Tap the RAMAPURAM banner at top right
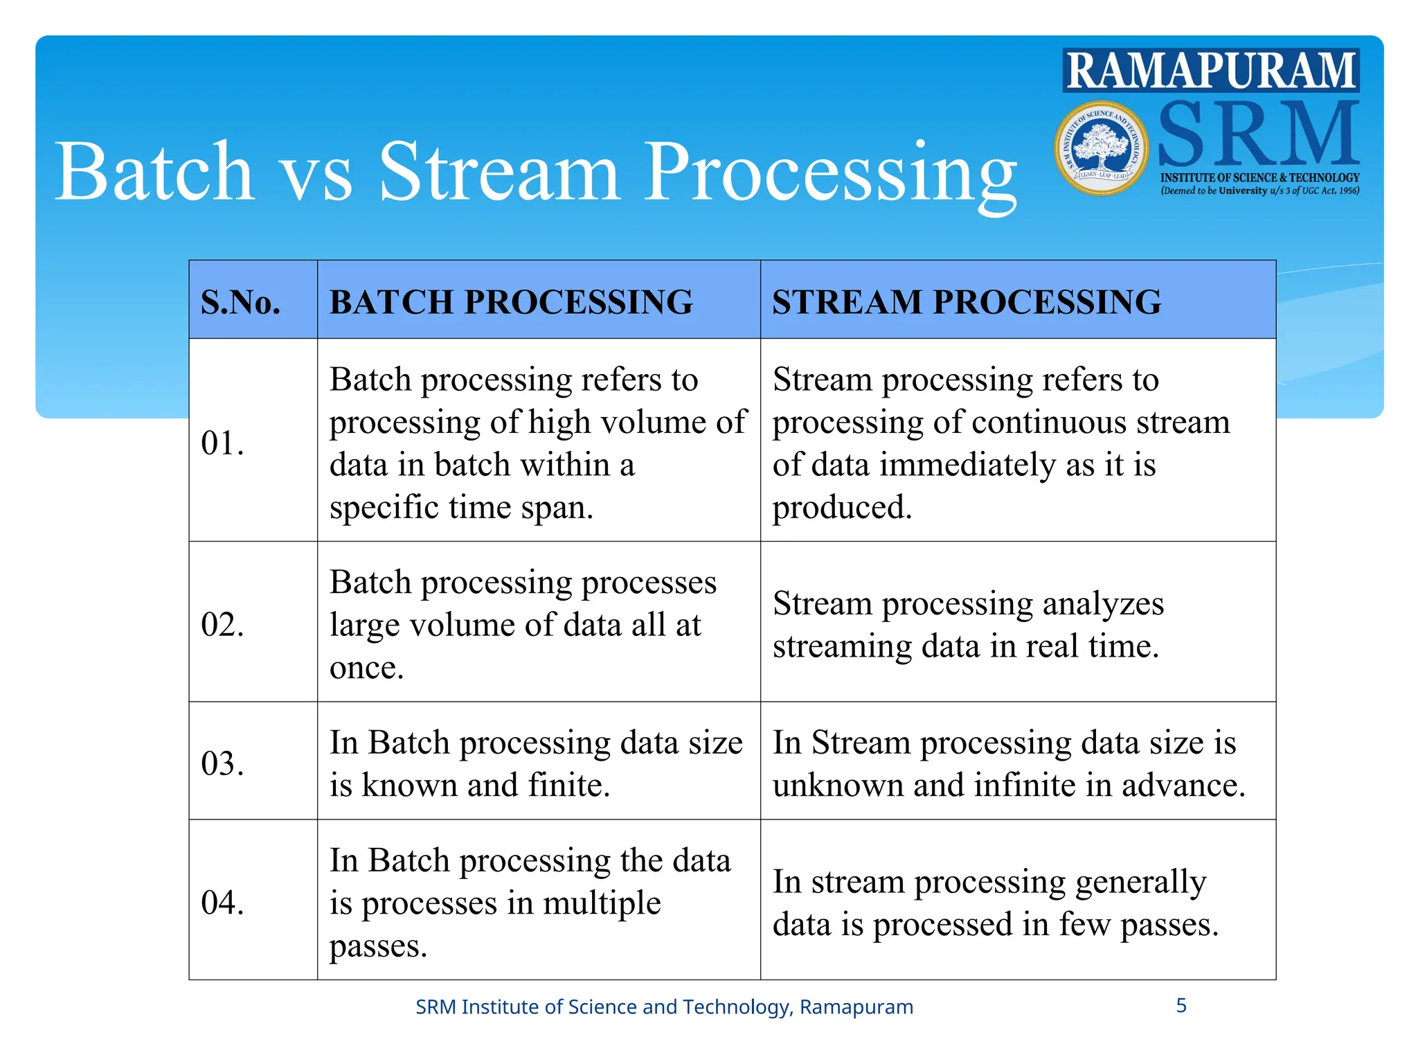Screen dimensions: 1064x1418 pos(1210,71)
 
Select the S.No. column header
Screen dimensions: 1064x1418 pos(240,302)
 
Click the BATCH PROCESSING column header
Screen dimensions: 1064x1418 pos(511,302)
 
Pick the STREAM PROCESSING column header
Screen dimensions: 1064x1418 pos(967,302)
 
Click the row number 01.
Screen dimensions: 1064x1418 pos(222,443)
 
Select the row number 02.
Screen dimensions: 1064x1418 pos(222,624)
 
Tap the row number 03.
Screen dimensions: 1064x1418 pos(222,763)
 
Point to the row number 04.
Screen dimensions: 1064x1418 pos(222,902)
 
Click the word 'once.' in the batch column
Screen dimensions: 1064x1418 pos(366,668)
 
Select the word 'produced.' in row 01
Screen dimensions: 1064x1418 pos(842,507)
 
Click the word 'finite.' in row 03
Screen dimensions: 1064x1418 pos(569,785)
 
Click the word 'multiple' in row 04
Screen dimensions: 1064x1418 pos(602,903)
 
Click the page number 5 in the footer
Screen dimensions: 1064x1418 pos(1181,1005)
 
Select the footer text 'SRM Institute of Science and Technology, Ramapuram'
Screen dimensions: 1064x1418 pos(664,1007)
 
